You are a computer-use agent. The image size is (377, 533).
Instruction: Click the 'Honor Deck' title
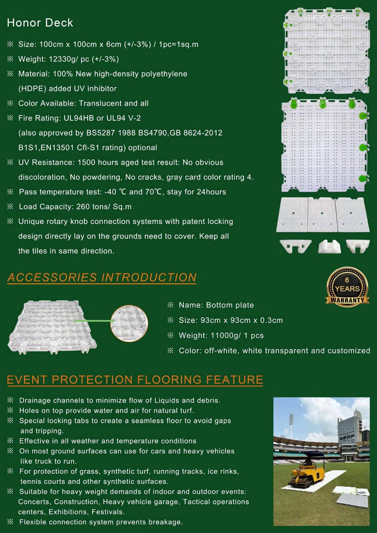40,23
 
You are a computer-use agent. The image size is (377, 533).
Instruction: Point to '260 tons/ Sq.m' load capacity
104,207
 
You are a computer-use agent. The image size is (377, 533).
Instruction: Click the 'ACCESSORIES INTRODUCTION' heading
102,277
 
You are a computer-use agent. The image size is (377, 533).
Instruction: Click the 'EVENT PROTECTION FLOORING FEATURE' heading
135,380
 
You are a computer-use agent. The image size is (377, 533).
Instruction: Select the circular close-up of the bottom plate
129,324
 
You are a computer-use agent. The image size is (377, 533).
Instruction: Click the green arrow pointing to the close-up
94,321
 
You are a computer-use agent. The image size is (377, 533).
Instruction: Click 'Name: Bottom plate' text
216,305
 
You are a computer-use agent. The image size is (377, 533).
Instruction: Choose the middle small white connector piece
329,247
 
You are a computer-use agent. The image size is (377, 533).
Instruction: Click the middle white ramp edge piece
322,215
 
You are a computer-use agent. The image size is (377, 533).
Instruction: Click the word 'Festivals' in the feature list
107,512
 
